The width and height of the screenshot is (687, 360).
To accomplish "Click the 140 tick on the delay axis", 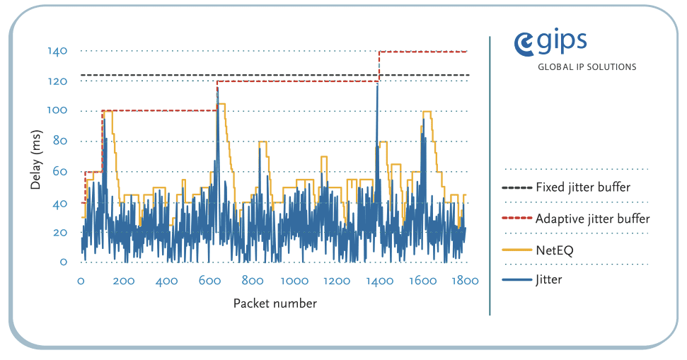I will pos(57,51).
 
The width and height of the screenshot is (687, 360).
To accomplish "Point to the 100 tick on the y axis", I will pos(57,110).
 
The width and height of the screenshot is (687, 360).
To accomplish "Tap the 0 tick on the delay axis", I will pos(63,262).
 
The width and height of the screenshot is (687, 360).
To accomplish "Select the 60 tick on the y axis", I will pos(59,172).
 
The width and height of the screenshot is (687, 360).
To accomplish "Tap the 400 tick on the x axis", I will pos(166,281).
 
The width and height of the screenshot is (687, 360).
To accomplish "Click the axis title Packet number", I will pos(275,303).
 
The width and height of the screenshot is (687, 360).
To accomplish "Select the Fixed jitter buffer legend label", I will pos(583,187).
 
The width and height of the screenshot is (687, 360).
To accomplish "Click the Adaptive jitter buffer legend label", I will pos(592,219).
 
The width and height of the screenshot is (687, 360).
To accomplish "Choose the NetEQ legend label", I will pos(555,249).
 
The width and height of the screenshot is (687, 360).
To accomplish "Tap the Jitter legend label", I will pos(549,279).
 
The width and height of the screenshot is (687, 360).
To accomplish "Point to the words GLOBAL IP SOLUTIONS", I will pos(587,67).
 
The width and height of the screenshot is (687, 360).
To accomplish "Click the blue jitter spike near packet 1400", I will pos(377,88).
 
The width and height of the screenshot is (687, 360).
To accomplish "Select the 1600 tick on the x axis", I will pos(422,281).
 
